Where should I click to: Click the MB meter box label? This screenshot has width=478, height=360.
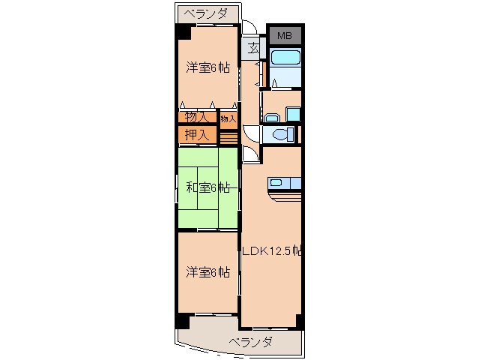pyautogui.click(x=285, y=36)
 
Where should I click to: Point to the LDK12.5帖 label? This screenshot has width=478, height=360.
pyautogui.click(x=271, y=250)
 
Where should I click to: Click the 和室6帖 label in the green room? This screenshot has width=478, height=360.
pyautogui.click(x=208, y=187)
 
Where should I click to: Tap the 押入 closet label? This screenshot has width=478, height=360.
pyautogui.click(x=196, y=135)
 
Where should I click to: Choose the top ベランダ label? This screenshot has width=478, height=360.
pyautogui.click(x=208, y=13)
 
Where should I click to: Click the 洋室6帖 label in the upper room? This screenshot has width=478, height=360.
pyautogui.click(x=208, y=67)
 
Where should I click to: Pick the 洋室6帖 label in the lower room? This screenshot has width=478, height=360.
pyautogui.click(x=208, y=272)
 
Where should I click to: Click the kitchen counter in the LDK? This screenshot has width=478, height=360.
pyautogui.click(x=285, y=184)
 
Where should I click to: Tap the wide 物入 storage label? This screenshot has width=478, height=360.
pyautogui.click(x=196, y=117)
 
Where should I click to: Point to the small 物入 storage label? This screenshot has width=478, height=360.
pyautogui.click(x=229, y=118)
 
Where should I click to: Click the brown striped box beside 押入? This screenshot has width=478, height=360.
pyautogui.click(x=229, y=136)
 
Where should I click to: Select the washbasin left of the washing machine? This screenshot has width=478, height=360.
pyautogui.click(x=272, y=116)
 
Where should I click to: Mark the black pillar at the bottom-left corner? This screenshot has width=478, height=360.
pyautogui.click(x=182, y=319)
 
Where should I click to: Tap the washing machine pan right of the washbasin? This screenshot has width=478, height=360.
pyautogui.click(x=293, y=115)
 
